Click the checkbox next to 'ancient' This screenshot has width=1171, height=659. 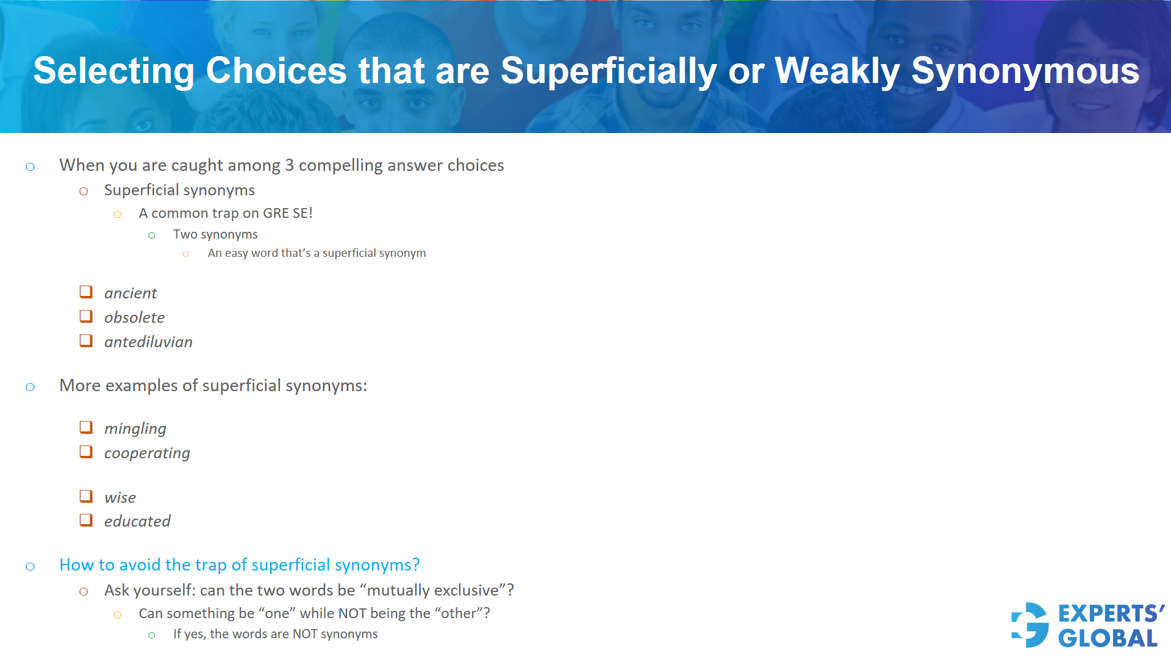click(x=86, y=292)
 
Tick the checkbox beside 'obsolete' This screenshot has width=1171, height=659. click(x=86, y=317)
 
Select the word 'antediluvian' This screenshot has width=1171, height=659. click(x=148, y=342)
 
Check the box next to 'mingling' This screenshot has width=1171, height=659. click(x=86, y=428)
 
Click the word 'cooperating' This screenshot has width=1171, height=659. click(x=147, y=453)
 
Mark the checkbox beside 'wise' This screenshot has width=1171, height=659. click(x=86, y=497)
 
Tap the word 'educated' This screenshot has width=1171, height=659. click(x=137, y=521)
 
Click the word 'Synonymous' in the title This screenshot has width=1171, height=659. click(x=1025, y=71)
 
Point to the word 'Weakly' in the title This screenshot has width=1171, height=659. click(x=837, y=71)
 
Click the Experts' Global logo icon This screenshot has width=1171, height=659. click(x=1030, y=625)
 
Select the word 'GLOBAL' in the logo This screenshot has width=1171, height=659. click(x=1108, y=638)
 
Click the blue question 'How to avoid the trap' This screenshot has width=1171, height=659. click(x=239, y=565)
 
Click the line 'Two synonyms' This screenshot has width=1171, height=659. click(x=215, y=234)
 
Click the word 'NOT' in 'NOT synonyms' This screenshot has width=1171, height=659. click(x=305, y=634)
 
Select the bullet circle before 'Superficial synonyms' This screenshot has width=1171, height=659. click(x=84, y=191)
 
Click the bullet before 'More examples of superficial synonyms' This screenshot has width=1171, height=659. click(x=30, y=387)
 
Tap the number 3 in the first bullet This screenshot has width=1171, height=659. click(x=289, y=165)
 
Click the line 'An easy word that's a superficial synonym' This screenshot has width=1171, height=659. click(x=317, y=253)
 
